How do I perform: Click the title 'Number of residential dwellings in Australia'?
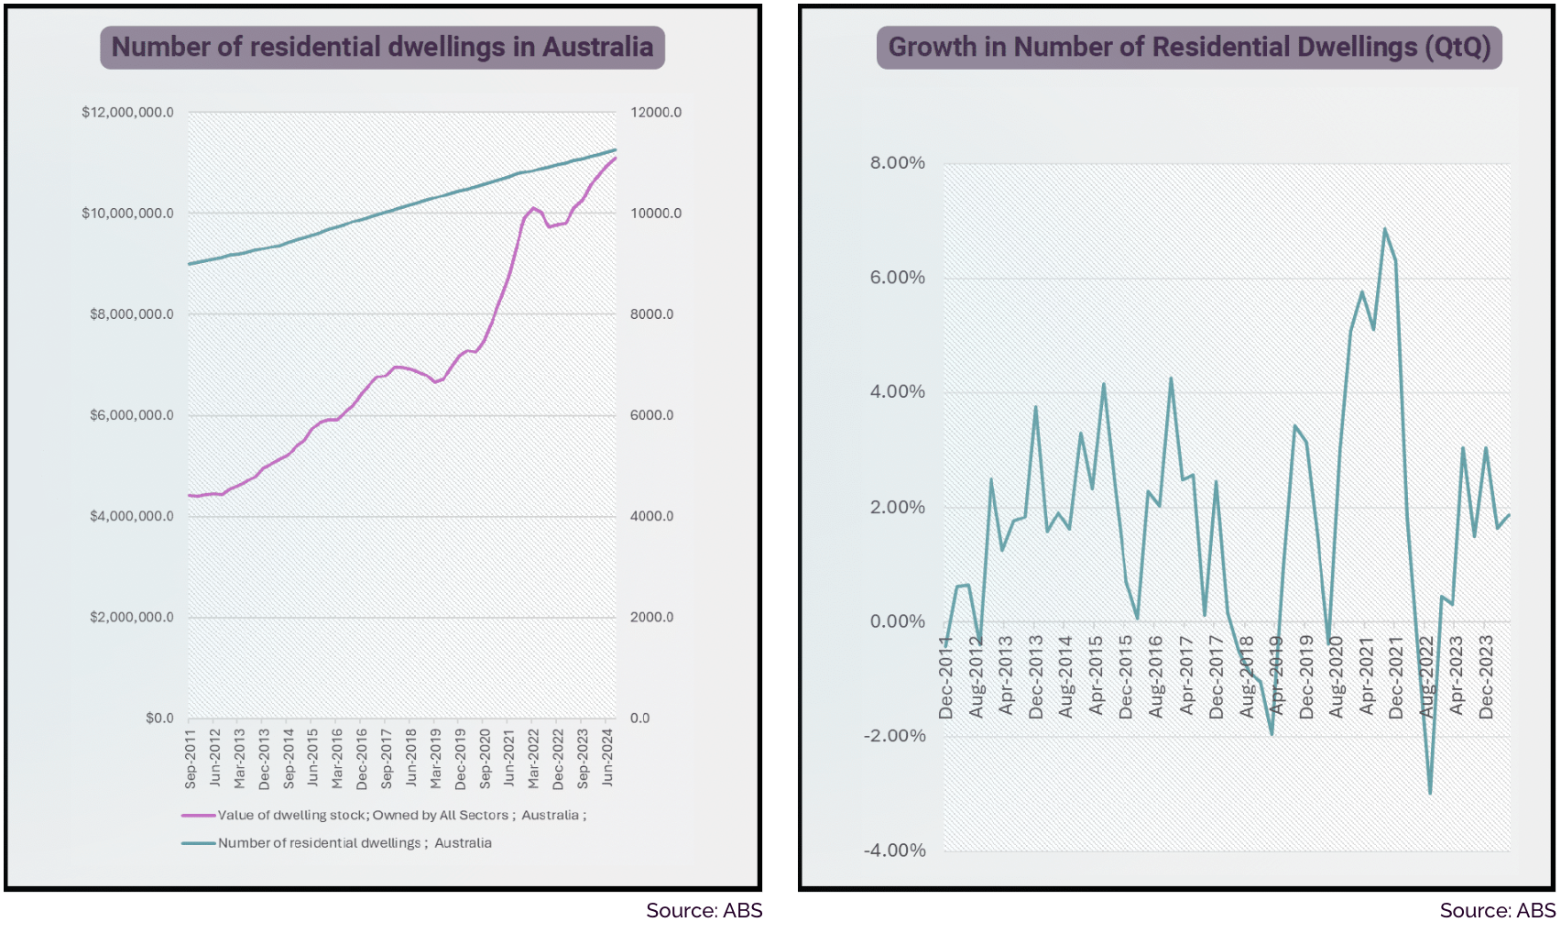(x=382, y=47)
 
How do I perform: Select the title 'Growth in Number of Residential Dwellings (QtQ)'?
(x=1189, y=47)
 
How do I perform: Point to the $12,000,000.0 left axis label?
(x=127, y=113)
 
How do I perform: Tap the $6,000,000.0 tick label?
(x=131, y=415)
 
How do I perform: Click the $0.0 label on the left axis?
(x=159, y=718)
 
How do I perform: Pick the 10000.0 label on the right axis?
(x=656, y=214)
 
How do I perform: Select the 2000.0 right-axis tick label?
(x=651, y=617)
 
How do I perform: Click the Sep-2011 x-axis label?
(x=191, y=759)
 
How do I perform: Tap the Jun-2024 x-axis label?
(x=607, y=759)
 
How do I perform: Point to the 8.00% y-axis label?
(x=898, y=163)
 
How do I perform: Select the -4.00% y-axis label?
(x=895, y=851)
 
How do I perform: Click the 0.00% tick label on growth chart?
(x=898, y=621)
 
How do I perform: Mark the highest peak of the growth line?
(x=1384, y=228)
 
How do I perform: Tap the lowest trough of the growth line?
(x=1430, y=793)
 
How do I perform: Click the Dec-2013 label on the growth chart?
(x=1036, y=676)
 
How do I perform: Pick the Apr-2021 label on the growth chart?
(x=1367, y=676)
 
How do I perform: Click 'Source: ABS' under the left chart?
(x=704, y=910)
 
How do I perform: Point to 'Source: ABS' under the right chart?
(x=1497, y=910)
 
